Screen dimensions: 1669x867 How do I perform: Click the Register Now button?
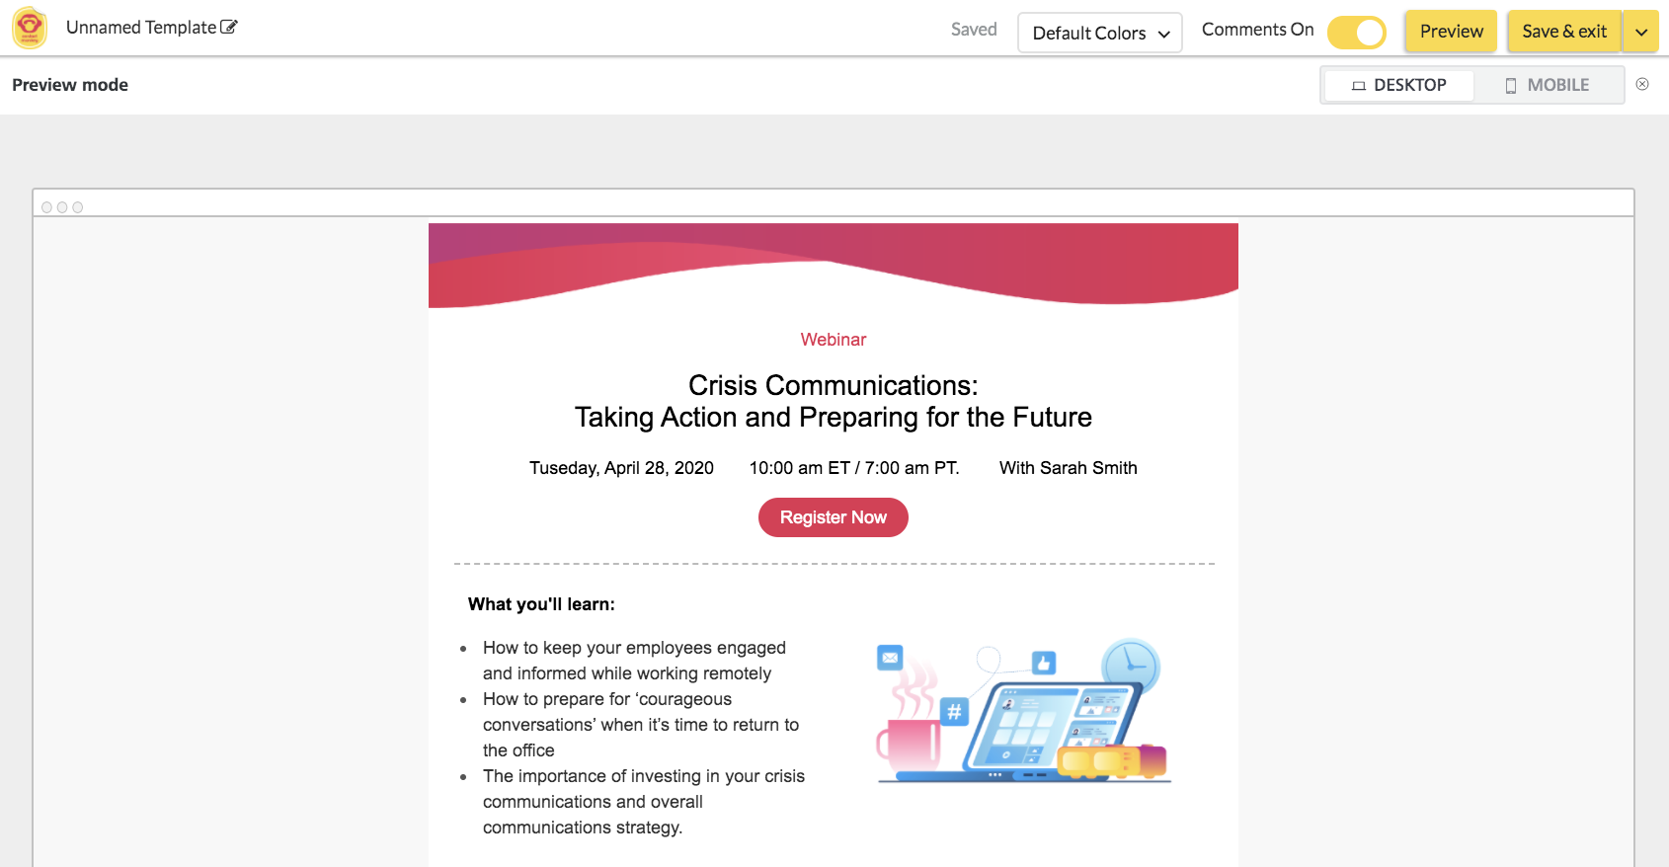833,516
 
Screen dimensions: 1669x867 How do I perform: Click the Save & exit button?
1564,32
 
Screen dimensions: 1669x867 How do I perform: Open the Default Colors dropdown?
1100,33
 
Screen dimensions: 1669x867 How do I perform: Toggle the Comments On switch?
1357,32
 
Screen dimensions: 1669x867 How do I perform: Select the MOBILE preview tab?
1548,85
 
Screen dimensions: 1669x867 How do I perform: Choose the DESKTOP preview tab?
1399,85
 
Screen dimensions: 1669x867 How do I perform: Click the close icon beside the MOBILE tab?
1642,84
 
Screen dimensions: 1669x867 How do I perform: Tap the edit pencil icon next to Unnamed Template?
229,28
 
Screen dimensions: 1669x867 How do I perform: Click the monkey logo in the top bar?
30,29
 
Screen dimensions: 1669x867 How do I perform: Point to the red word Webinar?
833,340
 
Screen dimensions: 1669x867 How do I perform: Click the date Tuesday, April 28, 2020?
621,468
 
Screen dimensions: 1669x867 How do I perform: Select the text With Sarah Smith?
1068,468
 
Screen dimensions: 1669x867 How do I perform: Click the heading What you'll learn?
541,604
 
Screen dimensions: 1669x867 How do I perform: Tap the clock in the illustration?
1131,666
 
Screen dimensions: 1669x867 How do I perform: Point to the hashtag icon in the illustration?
954,711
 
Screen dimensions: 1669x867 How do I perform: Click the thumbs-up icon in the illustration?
1043,663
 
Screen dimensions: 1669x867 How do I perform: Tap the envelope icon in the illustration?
890,658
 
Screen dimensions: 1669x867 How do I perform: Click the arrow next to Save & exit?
1640,32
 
